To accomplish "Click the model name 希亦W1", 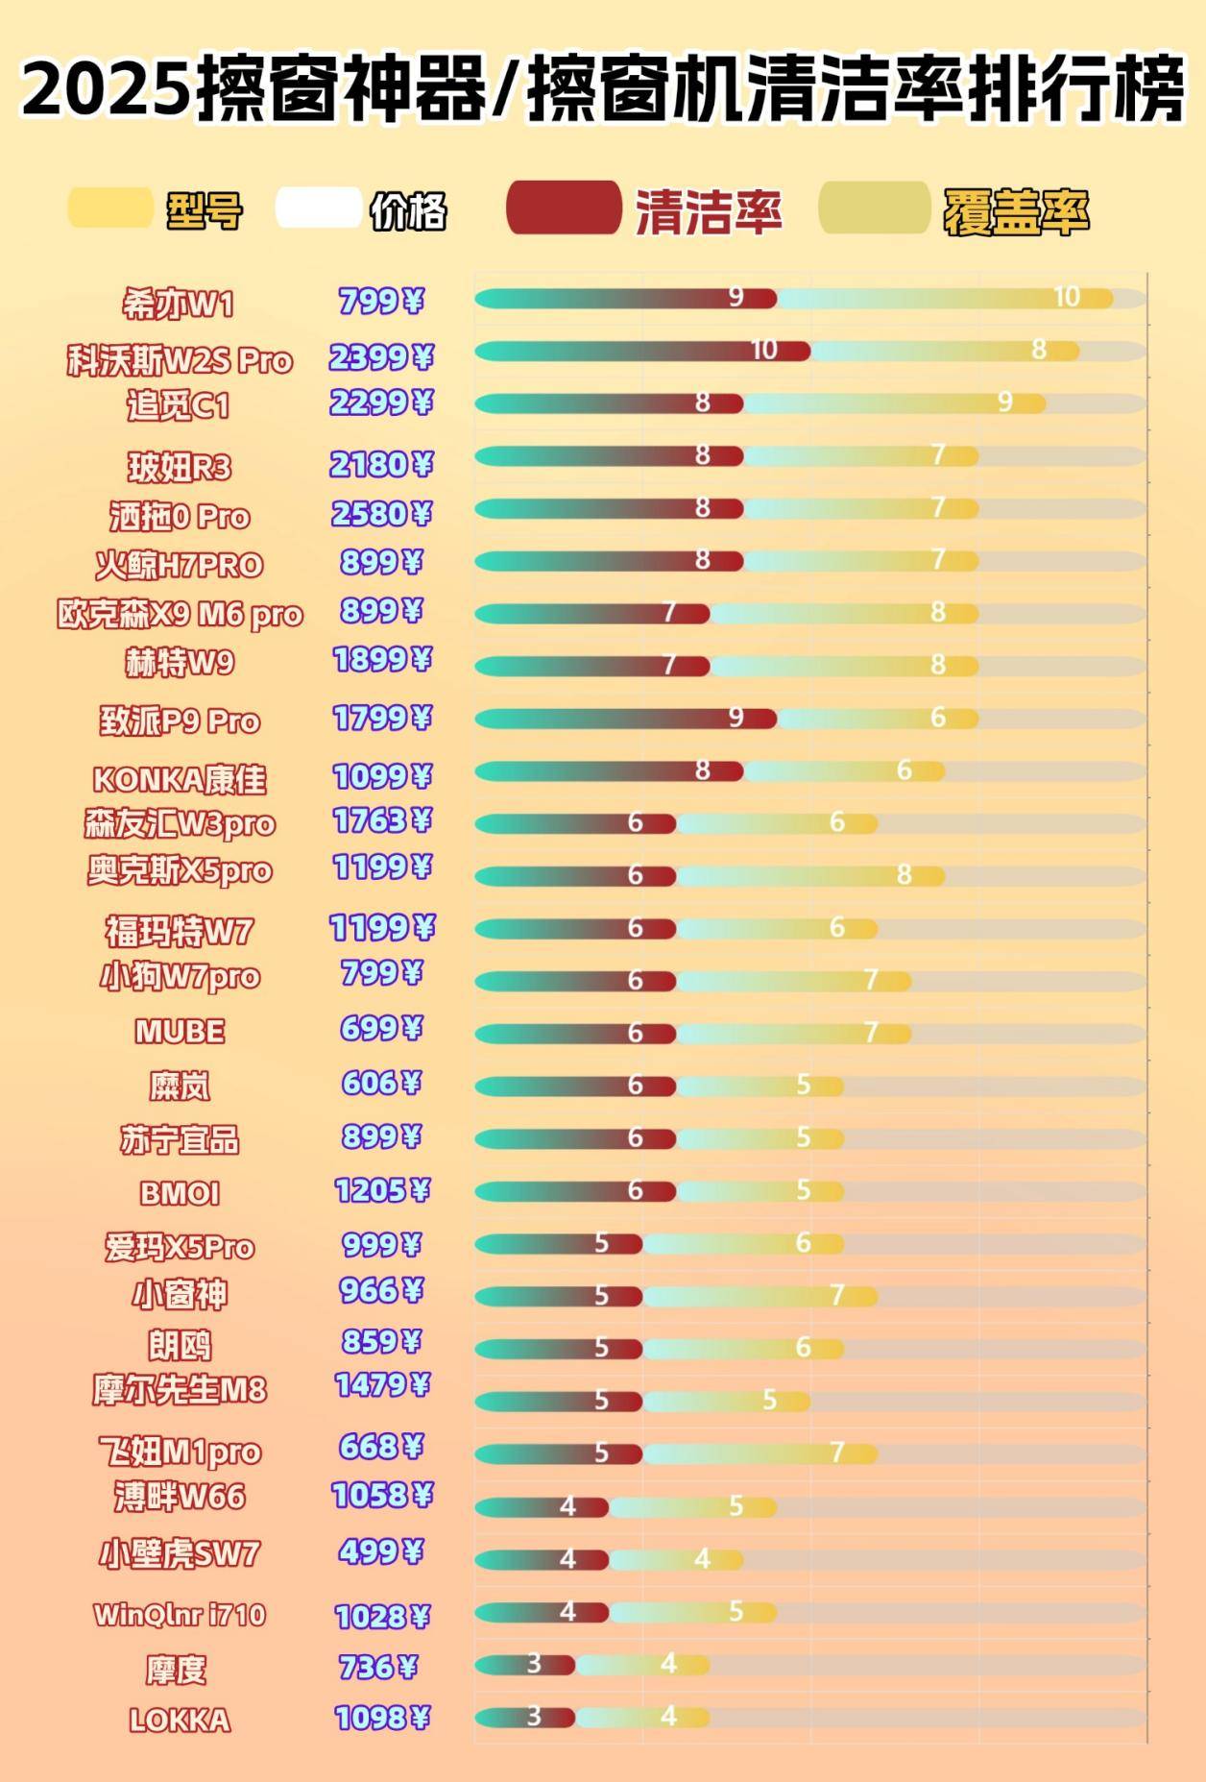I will [x=179, y=305].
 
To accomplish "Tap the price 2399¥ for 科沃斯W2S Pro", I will [x=381, y=358].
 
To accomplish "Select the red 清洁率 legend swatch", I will [x=564, y=207].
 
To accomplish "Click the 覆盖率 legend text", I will [x=1016, y=211].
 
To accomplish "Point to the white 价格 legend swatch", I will [x=318, y=208].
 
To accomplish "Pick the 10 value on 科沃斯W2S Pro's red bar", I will [x=764, y=350].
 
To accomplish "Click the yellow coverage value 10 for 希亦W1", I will [x=1067, y=298].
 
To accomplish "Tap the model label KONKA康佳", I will [x=180, y=779].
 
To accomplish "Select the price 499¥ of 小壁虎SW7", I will [x=381, y=1552].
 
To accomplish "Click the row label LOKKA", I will [x=180, y=1720].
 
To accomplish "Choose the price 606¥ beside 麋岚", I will [x=381, y=1084].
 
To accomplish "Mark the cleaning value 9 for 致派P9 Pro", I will [x=736, y=718].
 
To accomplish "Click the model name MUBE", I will [x=180, y=1032].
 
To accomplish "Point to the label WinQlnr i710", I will [x=180, y=1615].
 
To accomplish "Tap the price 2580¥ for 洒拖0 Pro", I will [x=381, y=515].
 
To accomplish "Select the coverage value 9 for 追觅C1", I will [x=1004, y=402].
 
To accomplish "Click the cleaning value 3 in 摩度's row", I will [x=534, y=1663].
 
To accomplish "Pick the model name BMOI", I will [x=180, y=1193].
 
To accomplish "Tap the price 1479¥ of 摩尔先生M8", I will [x=381, y=1385].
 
